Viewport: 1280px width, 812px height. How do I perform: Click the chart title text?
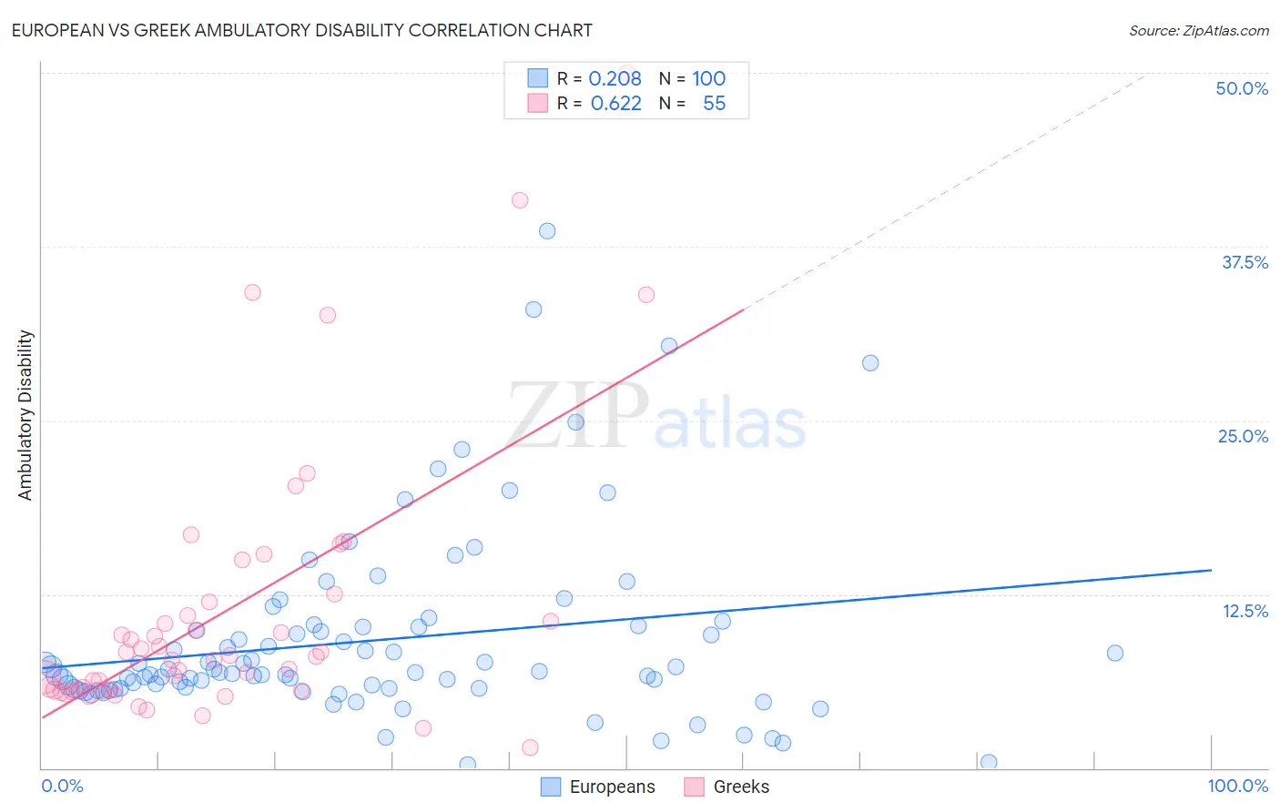(302, 30)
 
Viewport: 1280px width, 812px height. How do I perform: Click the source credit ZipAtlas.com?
(1198, 30)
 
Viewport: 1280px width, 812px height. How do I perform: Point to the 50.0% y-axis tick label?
(1242, 88)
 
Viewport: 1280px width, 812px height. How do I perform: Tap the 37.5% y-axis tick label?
(1244, 262)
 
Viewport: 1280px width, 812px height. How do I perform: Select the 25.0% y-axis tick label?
(1243, 436)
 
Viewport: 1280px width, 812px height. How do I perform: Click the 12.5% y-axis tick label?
(1244, 611)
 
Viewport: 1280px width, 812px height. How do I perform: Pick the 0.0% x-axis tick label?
(63, 786)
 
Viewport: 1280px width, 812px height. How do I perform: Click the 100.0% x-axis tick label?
(1237, 786)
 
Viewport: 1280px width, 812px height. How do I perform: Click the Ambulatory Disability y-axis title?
(25, 415)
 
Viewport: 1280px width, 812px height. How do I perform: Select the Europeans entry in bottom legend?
(598, 787)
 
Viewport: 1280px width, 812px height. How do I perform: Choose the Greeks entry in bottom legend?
(726, 787)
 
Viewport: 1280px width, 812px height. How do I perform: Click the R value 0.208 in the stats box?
(615, 79)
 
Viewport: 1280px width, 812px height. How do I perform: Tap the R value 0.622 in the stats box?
(615, 104)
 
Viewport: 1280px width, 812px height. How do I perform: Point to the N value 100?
(708, 79)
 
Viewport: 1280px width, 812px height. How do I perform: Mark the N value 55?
(714, 104)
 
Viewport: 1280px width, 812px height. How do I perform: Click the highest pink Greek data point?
(520, 200)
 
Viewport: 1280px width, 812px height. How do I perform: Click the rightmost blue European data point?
(1114, 653)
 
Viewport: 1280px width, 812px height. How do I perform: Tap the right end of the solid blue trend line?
(1211, 570)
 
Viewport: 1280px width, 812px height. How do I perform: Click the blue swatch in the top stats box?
(538, 79)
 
